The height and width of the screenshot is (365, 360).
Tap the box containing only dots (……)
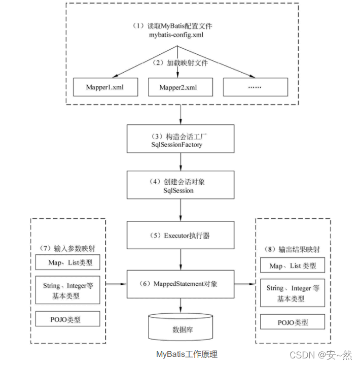255,87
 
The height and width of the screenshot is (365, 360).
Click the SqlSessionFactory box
181,141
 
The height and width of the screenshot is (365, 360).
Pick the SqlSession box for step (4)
181,186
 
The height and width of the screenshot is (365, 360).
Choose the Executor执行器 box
181,236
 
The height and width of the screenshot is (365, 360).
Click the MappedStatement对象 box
181,284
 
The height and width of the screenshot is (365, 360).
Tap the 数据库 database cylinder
180,327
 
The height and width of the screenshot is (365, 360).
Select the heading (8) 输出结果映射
293,250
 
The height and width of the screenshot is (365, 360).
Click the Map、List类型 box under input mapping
68,263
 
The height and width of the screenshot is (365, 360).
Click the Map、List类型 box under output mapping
293,266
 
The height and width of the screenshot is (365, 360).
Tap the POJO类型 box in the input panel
68,319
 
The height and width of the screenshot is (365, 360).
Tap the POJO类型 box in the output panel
293,322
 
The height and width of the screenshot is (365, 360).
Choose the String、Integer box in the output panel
293,293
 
